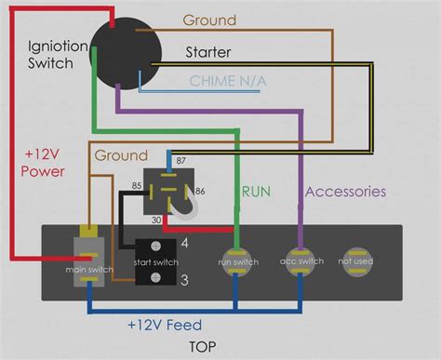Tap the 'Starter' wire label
click(x=208, y=52)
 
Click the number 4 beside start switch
click(x=186, y=244)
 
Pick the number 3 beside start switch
click(x=186, y=280)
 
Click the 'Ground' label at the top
click(x=208, y=20)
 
